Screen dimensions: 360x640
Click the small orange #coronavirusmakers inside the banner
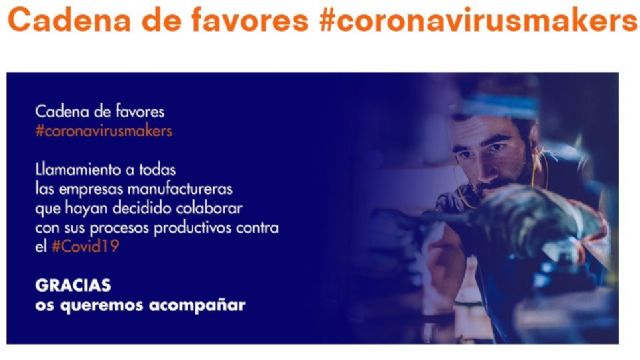103,130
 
